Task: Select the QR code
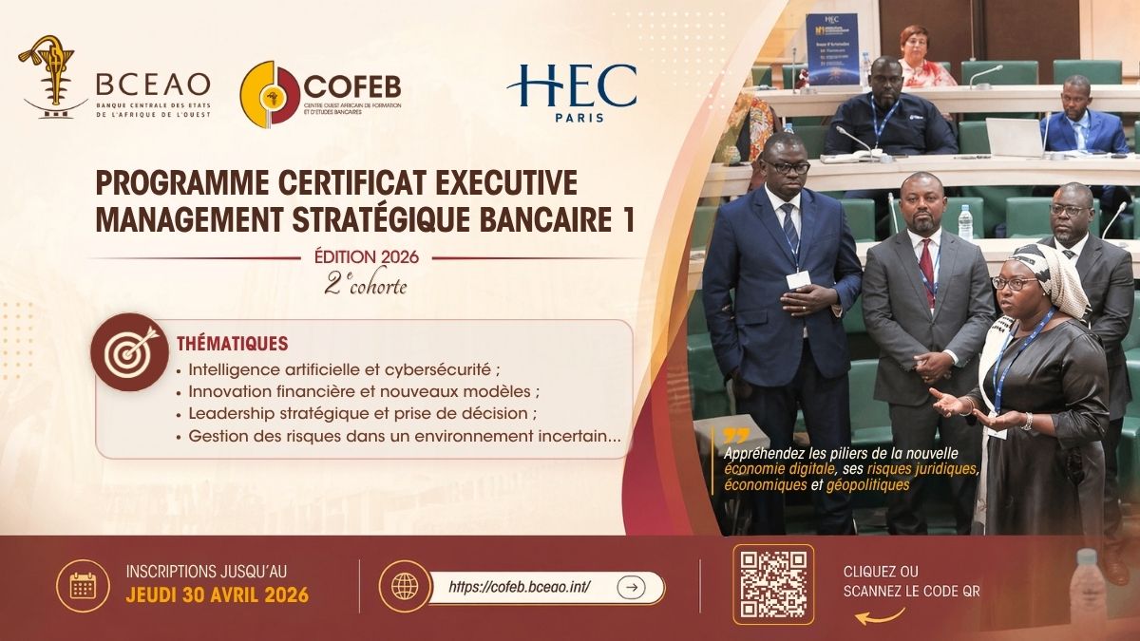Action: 773,585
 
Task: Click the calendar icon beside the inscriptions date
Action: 83,586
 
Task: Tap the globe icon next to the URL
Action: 405,586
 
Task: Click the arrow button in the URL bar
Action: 632,587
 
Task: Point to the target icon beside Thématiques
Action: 130,352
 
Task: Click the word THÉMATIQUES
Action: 233,344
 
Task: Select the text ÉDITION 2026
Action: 367,257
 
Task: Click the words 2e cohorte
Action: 366,285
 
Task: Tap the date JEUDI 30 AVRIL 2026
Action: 218,594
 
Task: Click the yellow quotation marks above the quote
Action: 736,436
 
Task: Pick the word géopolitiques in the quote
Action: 867,485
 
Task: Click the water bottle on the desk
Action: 965,221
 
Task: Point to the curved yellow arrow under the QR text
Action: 880,616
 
